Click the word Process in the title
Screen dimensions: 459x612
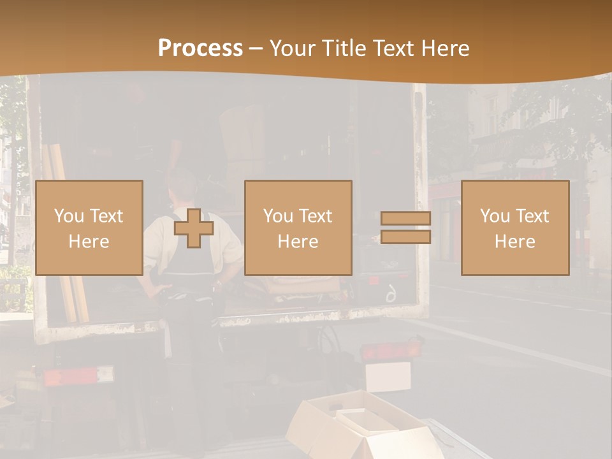pyautogui.click(x=200, y=48)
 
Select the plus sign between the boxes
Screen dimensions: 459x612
pyautogui.click(x=194, y=228)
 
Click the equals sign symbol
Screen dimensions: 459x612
pyautogui.click(x=405, y=228)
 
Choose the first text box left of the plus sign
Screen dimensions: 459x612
pyautogui.click(x=89, y=228)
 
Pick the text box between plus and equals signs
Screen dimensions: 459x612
pyautogui.click(x=298, y=228)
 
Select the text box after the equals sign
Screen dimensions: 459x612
pyautogui.click(x=514, y=228)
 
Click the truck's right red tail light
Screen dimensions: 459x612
pyautogui.click(x=390, y=350)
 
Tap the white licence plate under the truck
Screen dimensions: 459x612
pyautogui.click(x=388, y=375)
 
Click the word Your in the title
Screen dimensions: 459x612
pyautogui.click(x=292, y=48)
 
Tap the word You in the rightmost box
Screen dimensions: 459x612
pyautogui.click(x=494, y=216)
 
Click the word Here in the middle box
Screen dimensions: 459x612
pyautogui.click(x=298, y=242)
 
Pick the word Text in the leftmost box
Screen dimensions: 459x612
pyautogui.click(x=106, y=216)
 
